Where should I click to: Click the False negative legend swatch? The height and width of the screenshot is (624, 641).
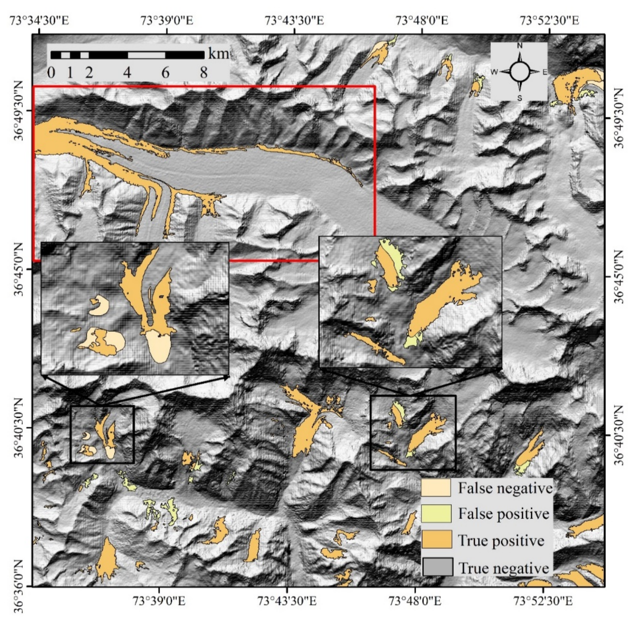pos(436,488)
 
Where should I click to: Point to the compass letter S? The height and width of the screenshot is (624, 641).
pos(519,98)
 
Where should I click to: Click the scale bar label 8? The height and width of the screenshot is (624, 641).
pos(204,72)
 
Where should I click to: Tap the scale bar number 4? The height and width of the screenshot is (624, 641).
pos(127,72)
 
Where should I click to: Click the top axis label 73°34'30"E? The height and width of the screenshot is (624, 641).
pos(40,20)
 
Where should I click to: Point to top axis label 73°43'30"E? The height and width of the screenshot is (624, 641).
pos(294,20)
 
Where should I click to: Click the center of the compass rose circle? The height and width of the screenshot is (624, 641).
pos(519,72)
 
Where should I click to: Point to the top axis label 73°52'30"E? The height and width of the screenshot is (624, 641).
pos(549,20)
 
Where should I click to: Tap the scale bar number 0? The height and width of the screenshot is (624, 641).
pos(51,72)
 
